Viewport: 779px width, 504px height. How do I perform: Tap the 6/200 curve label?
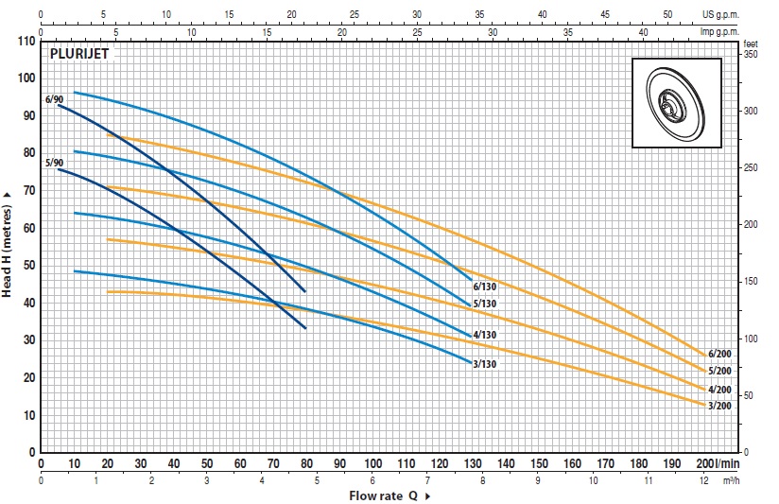tap(719, 354)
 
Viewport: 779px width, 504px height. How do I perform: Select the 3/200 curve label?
tap(719, 406)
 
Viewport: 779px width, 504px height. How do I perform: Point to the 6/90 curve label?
tap(54, 99)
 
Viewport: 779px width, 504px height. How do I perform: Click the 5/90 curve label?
tap(54, 163)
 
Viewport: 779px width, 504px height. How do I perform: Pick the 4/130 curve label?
tap(484, 335)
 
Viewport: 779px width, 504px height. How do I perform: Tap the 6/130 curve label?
tap(484, 287)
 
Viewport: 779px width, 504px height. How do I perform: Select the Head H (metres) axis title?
tap(8, 244)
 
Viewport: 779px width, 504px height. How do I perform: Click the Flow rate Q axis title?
tap(389, 495)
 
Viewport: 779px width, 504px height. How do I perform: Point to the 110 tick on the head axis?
tap(26, 42)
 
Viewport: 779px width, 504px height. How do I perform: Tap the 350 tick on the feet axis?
tap(751, 56)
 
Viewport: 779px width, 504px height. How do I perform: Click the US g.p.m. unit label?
tap(744, 14)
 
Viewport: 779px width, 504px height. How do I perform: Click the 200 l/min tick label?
tap(717, 464)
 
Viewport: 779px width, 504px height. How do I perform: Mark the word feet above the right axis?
tap(752, 43)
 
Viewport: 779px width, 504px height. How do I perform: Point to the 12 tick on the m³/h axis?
tap(701, 480)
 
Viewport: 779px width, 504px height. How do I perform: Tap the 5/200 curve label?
tap(719, 371)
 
